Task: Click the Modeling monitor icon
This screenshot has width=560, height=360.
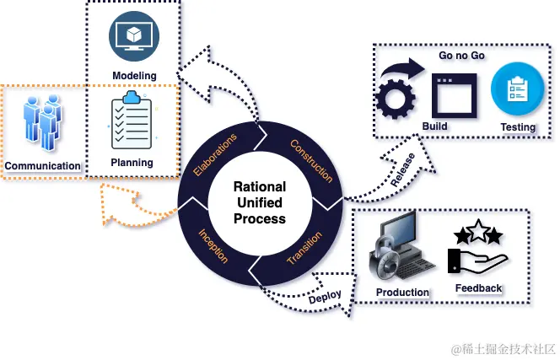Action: pyautogui.click(x=134, y=37)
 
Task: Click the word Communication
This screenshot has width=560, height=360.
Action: pyautogui.click(x=42, y=165)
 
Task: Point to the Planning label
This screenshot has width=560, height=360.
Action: pyautogui.click(x=132, y=163)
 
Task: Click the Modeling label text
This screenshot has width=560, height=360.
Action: pyautogui.click(x=135, y=76)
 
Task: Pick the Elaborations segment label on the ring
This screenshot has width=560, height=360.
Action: pyautogui.click(x=215, y=153)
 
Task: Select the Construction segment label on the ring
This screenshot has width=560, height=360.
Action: pyautogui.click(x=311, y=160)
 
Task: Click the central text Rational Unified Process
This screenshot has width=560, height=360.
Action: pyautogui.click(x=258, y=202)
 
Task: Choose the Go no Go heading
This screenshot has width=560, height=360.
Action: pyautogui.click(x=460, y=56)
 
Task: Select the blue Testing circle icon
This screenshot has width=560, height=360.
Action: pyautogui.click(x=516, y=90)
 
